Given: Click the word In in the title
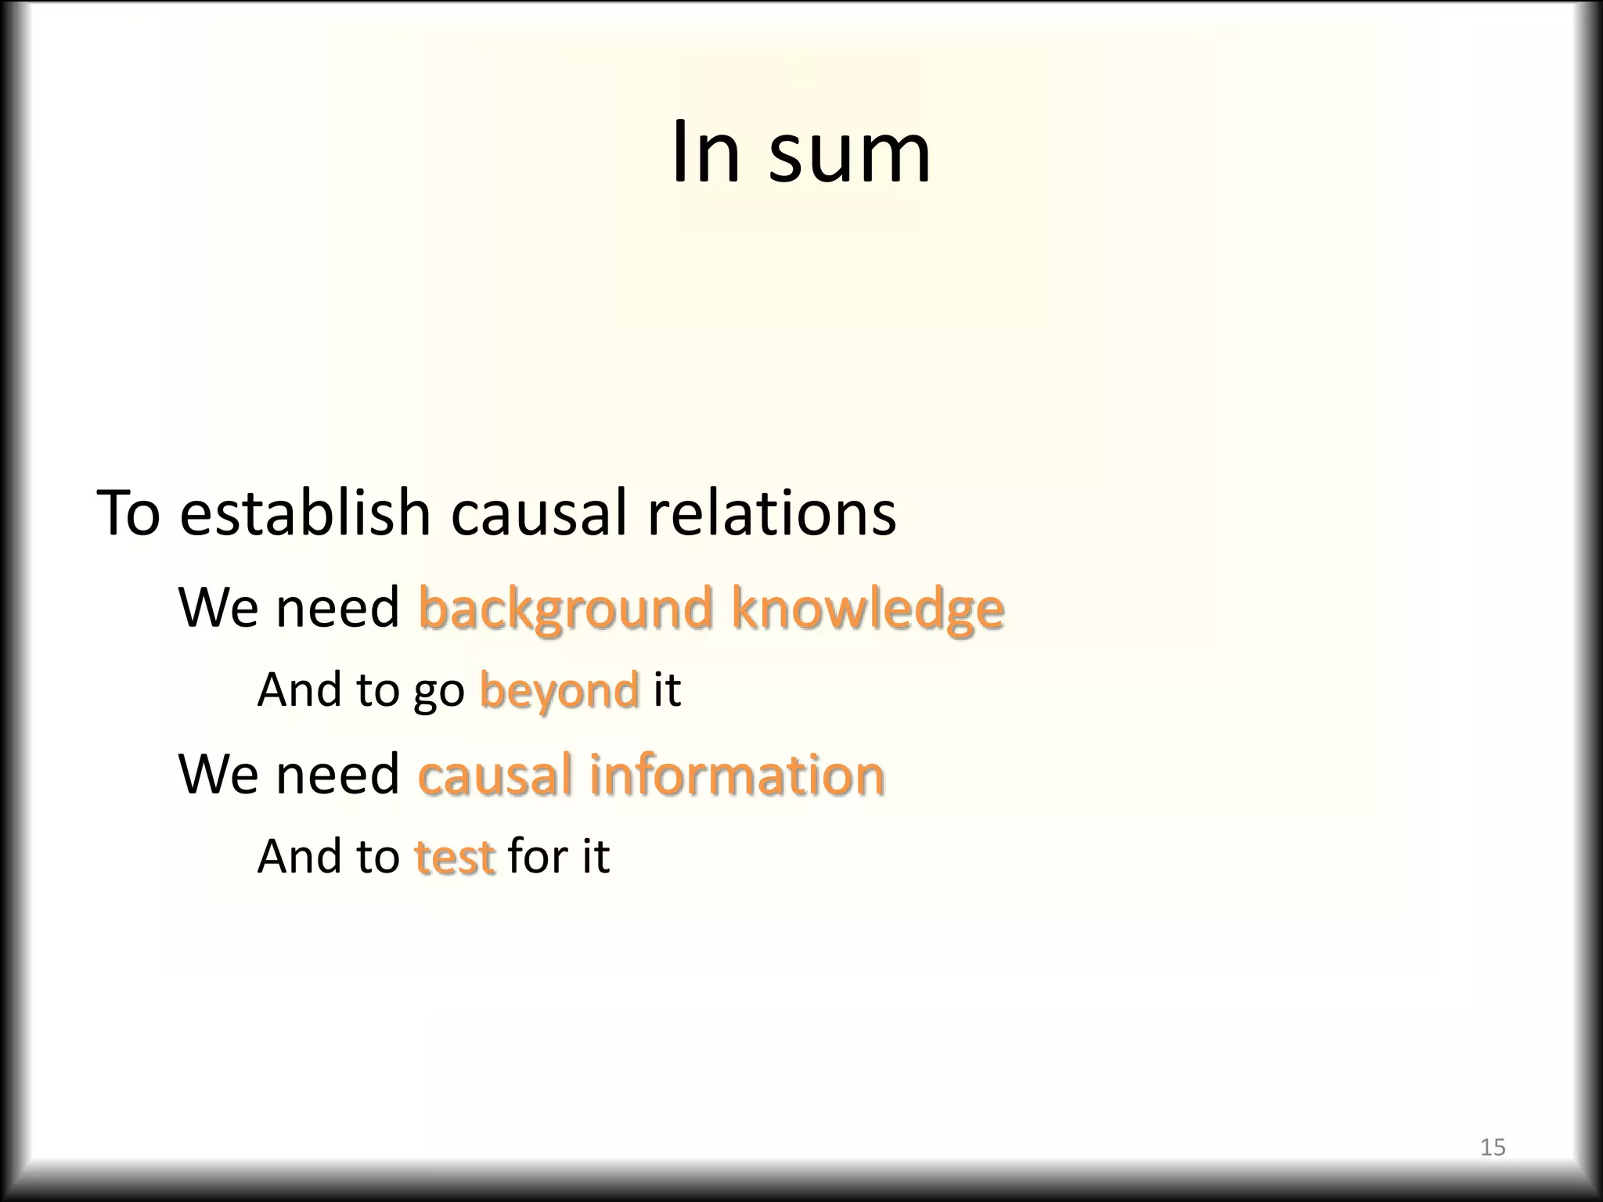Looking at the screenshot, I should point(705,152).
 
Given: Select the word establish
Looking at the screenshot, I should point(305,513).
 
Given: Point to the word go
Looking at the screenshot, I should point(438,693).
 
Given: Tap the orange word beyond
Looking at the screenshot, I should point(559,691).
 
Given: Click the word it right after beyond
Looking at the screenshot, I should point(666,689).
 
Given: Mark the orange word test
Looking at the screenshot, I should point(454,856).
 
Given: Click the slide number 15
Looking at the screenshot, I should point(1493,1147).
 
